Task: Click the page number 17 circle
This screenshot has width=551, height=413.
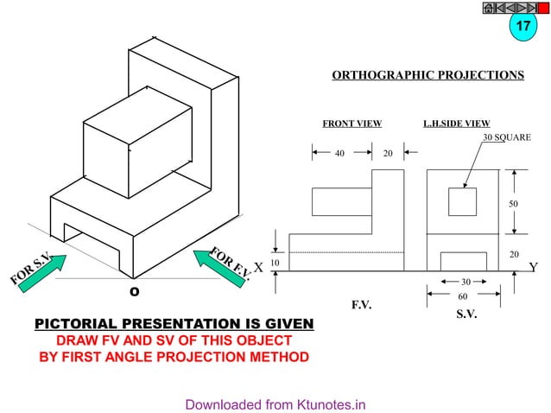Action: (522, 27)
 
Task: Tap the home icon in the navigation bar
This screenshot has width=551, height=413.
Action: (489, 9)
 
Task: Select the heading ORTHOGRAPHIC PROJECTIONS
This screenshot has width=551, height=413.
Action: (427, 76)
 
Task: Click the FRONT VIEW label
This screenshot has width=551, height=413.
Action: (351, 124)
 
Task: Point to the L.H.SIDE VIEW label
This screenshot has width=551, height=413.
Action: (456, 124)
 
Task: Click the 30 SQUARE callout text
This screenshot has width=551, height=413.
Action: (506, 137)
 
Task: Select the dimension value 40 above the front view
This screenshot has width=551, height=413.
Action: (339, 153)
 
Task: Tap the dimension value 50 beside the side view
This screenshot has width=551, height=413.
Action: (515, 204)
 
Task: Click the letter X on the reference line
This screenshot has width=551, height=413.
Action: (258, 268)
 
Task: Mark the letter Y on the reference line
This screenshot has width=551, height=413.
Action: (533, 268)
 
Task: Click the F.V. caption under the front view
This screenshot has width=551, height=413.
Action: (361, 305)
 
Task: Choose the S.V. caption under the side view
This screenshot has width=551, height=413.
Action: (466, 315)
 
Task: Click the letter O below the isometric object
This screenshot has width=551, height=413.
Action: (134, 291)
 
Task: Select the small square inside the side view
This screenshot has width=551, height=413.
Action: (462, 201)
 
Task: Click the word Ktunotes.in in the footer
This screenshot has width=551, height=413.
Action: (332, 403)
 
